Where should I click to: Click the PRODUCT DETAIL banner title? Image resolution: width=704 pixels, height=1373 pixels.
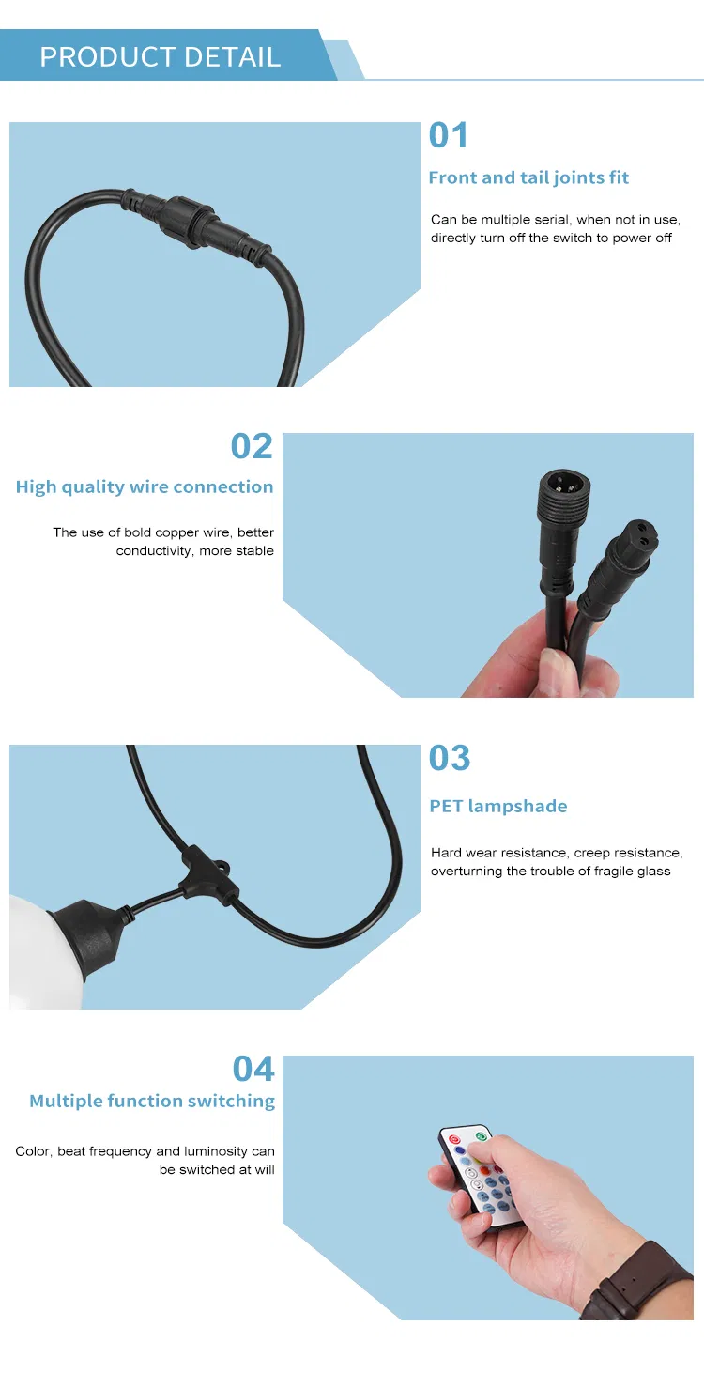tap(160, 57)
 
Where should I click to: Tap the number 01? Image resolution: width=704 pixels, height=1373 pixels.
tap(448, 135)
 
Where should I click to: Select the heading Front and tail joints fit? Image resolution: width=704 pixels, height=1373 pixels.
tap(528, 177)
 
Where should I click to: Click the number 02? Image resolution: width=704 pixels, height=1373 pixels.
tap(252, 445)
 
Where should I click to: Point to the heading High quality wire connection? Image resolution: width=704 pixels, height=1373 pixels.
tap(145, 486)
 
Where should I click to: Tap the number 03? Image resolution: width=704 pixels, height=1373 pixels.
tap(449, 758)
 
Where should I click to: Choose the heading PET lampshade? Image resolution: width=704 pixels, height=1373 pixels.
tap(498, 806)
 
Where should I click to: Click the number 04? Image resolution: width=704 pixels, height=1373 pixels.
tap(253, 1069)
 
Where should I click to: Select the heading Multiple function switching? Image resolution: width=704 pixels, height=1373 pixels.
tap(152, 1101)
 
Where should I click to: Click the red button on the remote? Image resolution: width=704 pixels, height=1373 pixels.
tap(454, 1139)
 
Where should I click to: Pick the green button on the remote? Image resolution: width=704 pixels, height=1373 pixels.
tap(481, 1137)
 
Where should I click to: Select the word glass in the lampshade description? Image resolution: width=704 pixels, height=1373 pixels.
tap(653, 871)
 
